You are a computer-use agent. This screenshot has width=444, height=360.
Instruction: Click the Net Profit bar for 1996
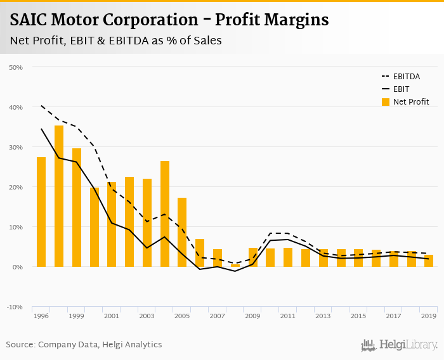[x=41, y=212]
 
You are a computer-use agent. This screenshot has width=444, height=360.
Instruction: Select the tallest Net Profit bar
[x=59, y=196]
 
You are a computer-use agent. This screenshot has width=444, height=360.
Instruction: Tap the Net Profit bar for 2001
[x=112, y=224]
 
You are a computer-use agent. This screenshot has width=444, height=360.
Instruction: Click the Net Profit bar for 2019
[x=429, y=260]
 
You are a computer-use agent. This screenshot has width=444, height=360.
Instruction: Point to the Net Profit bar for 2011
[x=288, y=257]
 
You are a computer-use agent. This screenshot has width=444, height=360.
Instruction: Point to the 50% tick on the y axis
[x=16, y=67]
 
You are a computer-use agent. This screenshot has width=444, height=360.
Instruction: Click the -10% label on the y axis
[x=15, y=307]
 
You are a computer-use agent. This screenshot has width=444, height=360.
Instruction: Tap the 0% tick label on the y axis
[x=17, y=267]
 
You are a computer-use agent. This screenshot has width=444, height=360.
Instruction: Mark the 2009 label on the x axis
[x=252, y=316]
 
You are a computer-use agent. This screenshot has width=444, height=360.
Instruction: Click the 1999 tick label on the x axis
[x=76, y=316]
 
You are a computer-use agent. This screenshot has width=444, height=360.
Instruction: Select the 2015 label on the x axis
[x=358, y=316]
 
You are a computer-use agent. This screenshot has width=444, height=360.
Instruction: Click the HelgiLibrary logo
[x=400, y=345]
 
